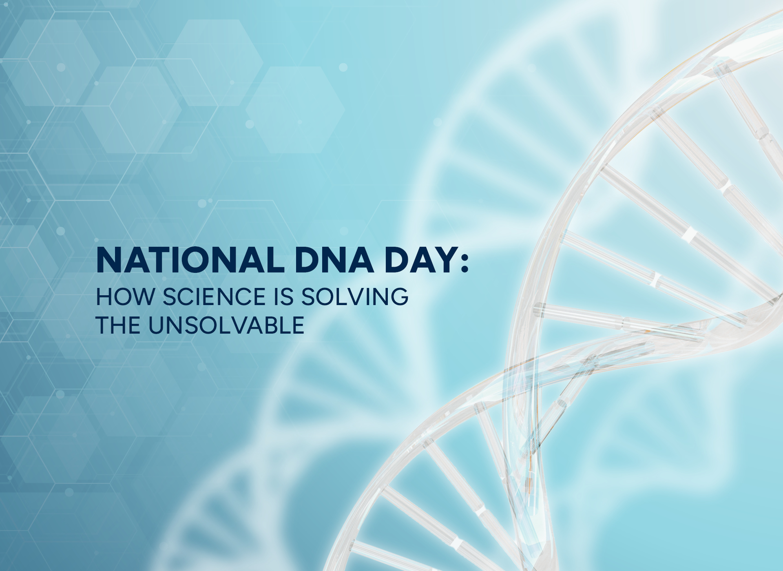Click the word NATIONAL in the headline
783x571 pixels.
(190, 260)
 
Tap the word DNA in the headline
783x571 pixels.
(334, 260)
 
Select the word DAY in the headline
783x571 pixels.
(420, 260)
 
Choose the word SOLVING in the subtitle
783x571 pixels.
(354, 297)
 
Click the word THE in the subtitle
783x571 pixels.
(119, 325)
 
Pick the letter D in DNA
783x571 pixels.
(308, 260)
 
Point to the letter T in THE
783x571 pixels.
(103, 325)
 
